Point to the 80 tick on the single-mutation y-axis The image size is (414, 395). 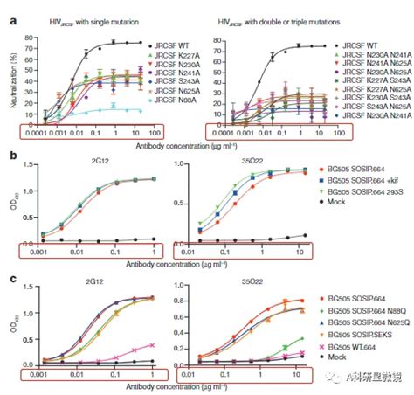pos(28,38)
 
